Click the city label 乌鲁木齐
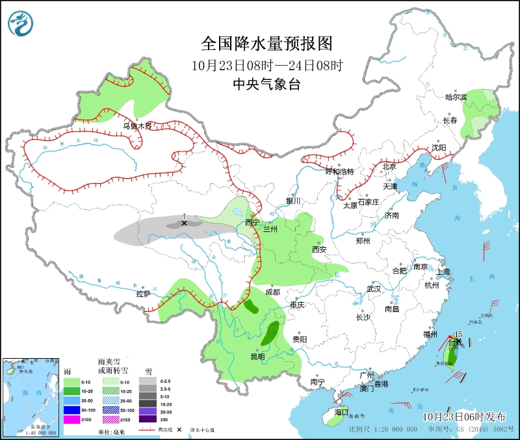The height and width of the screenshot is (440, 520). (137, 126)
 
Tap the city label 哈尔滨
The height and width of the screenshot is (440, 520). (456, 97)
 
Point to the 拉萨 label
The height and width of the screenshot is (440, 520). (143, 294)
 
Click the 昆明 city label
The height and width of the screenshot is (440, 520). (257, 356)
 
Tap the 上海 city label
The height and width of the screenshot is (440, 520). (444, 272)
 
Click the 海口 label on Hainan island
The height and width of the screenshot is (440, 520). (342, 412)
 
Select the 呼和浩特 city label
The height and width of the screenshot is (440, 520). (339, 172)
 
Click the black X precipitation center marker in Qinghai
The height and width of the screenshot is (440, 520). (184, 223)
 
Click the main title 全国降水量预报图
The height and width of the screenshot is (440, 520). (266, 44)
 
